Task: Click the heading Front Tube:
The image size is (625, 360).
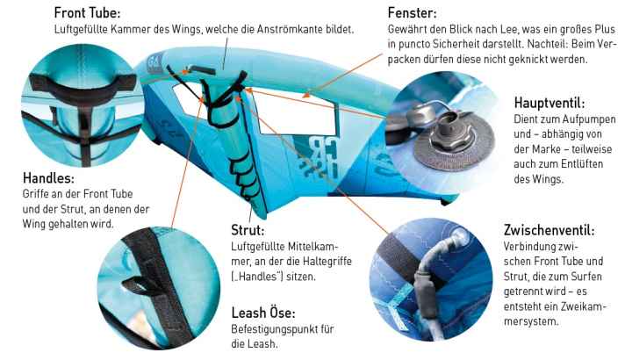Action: tap(87, 13)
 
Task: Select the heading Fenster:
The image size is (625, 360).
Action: tap(413, 13)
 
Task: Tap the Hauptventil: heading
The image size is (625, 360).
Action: tap(550, 103)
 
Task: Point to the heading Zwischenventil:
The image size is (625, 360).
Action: tap(549, 230)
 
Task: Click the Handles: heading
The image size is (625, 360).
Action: tap(48, 177)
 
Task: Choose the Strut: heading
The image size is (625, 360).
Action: tap(248, 230)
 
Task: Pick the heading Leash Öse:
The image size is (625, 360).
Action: tap(263, 313)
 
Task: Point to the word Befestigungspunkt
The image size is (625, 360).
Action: tap(274, 329)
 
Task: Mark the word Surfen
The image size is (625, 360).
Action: tap(586, 277)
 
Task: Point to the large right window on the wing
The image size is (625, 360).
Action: tap(297, 112)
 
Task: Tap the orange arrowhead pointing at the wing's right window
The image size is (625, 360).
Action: tap(306, 95)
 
